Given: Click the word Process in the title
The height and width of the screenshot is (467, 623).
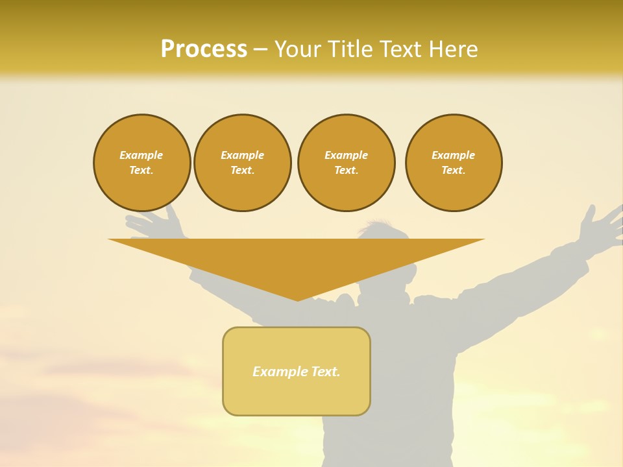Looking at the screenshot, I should point(204,49).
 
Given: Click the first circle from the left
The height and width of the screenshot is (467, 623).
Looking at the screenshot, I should point(142,163).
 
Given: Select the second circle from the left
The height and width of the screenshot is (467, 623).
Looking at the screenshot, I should point(243,163).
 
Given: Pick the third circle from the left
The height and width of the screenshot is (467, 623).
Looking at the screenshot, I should point(347,163).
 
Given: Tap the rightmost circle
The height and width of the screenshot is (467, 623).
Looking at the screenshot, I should point(454,163).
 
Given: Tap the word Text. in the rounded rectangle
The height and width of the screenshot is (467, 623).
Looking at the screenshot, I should point(325,372).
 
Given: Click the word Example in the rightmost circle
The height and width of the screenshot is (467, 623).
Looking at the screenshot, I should point(454,155).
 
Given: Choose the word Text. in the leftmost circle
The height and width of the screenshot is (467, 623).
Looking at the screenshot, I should point(141,171).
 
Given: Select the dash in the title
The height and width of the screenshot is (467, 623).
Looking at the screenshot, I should point(261,49).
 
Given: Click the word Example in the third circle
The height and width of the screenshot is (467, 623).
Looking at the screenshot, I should point(347,155).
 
